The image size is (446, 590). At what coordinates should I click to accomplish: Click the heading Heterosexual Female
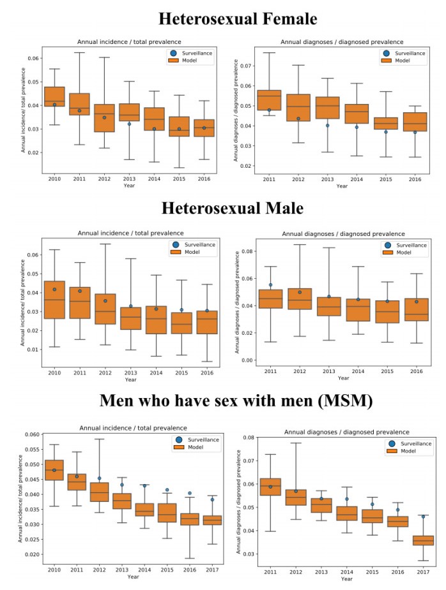(x=222, y=18)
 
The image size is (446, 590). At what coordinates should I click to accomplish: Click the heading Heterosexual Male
(x=222, y=208)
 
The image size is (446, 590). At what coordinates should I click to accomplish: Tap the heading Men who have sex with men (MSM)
(x=222, y=401)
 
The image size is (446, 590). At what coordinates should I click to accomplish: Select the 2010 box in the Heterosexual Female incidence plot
(x=54, y=96)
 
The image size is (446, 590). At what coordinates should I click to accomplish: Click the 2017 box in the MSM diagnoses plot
(x=422, y=540)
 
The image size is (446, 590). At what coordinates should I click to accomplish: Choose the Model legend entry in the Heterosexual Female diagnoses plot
(x=400, y=61)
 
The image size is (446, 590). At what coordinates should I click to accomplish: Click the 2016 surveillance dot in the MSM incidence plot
(x=189, y=493)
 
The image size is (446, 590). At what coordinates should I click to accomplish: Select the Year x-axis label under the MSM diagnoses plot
(x=346, y=579)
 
